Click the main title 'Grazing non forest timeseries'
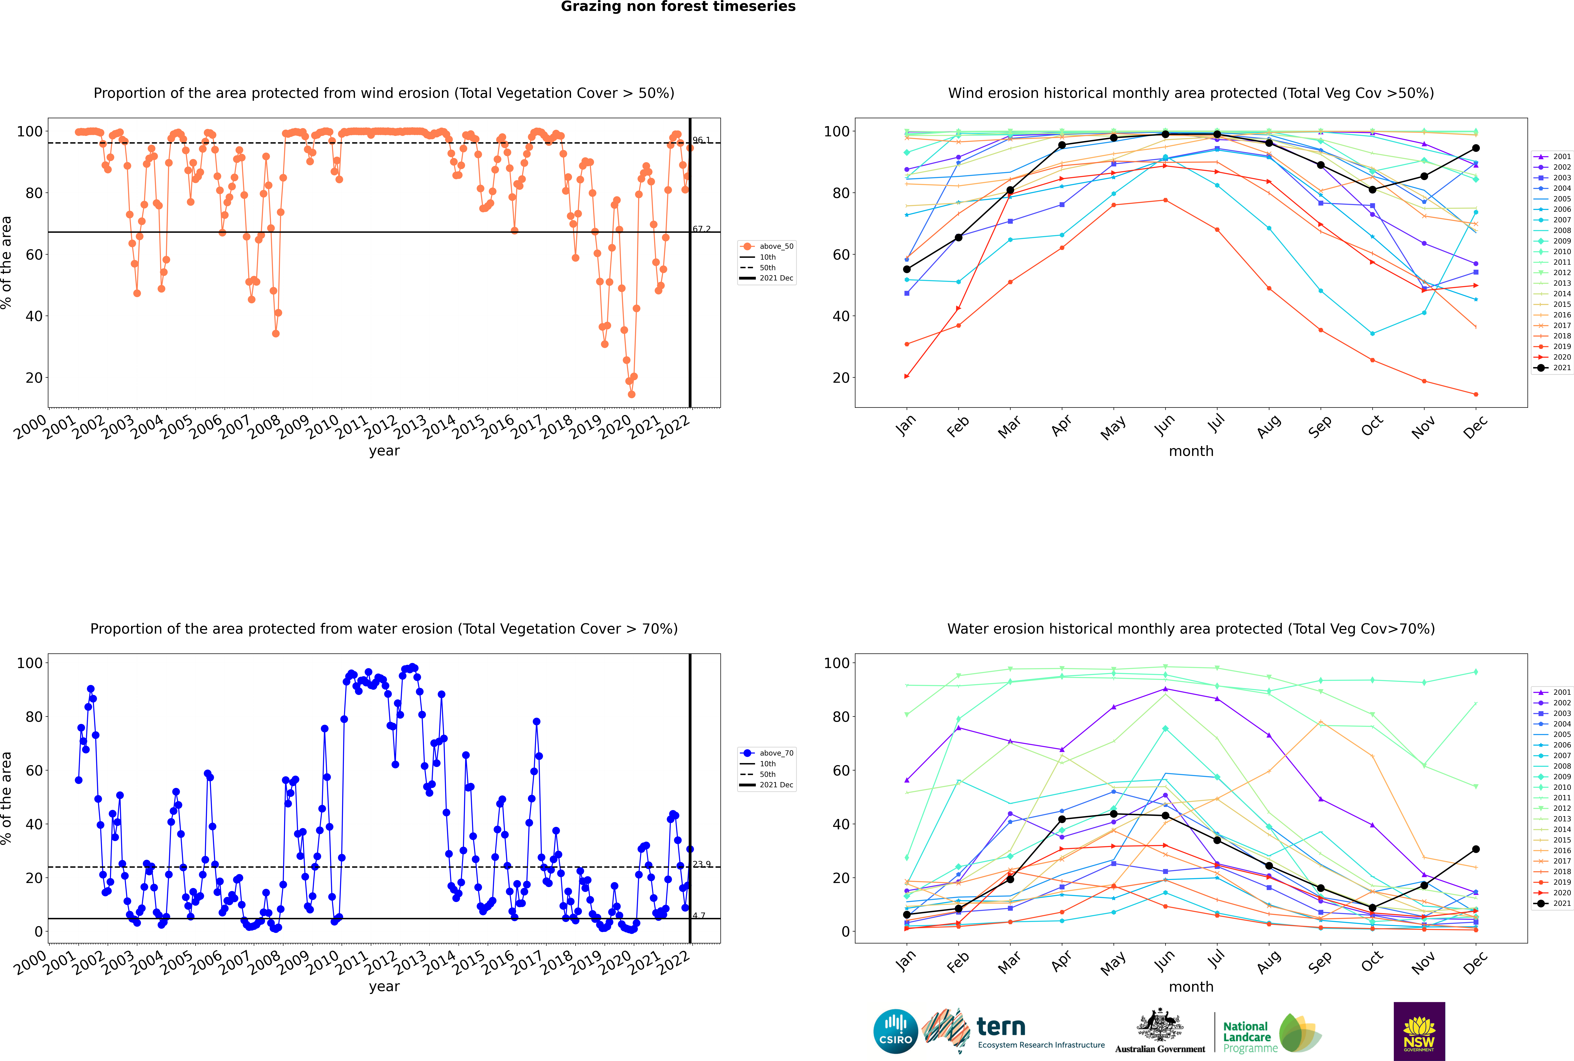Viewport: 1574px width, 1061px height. [x=678, y=7]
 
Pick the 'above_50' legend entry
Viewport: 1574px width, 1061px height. [x=767, y=246]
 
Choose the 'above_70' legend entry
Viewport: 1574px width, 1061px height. [x=767, y=753]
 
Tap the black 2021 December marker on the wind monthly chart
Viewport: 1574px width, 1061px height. [x=1476, y=148]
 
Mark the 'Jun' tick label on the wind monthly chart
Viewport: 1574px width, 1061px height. [x=1164, y=424]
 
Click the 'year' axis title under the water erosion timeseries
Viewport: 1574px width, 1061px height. [x=384, y=987]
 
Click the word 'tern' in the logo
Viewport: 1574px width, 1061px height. [x=1001, y=1027]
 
